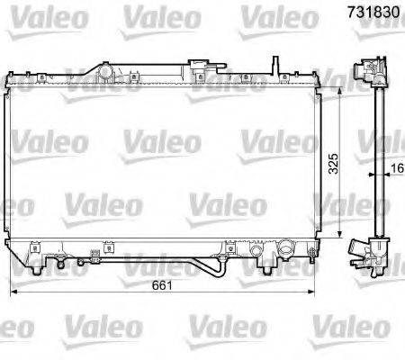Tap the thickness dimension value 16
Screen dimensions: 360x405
(x=395, y=167)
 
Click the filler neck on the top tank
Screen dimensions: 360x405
(x=109, y=69)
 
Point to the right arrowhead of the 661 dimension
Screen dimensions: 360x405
(x=310, y=292)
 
